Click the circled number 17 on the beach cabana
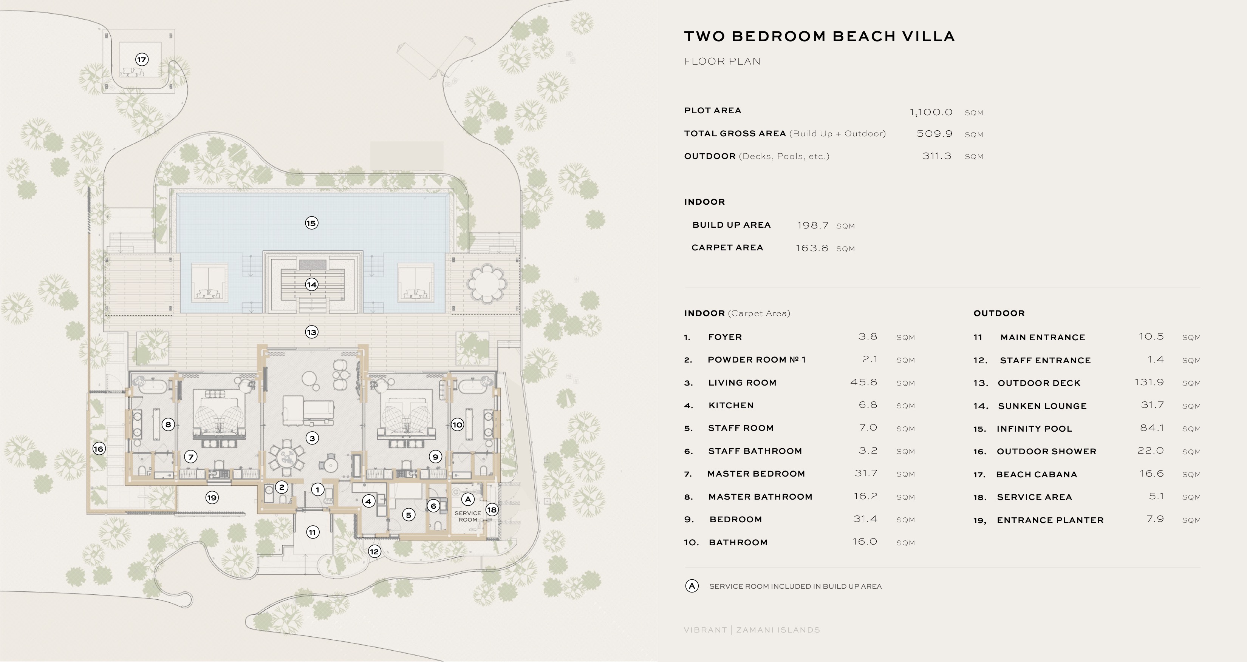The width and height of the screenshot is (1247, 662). click(x=141, y=60)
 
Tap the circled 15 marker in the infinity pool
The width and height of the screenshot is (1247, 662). click(x=311, y=223)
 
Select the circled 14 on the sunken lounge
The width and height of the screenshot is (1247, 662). click(x=311, y=284)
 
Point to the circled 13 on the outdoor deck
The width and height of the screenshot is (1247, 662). click(x=311, y=332)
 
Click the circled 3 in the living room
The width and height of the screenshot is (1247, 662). click(x=312, y=438)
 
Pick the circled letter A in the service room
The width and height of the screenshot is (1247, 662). click(x=468, y=499)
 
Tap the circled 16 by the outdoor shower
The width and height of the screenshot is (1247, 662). click(x=99, y=449)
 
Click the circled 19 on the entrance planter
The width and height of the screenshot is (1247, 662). click(x=212, y=497)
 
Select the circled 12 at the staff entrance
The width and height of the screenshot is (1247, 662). click(x=374, y=551)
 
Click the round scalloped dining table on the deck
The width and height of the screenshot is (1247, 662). click(x=486, y=284)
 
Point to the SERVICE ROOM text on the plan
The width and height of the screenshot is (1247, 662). click(x=468, y=516)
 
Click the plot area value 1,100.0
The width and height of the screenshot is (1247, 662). click(x=930, y=112)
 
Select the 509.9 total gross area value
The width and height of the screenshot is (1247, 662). click(x=934, y=134)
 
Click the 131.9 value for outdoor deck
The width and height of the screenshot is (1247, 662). click(x=1149, y=382)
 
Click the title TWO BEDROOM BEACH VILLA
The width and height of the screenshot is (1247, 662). click(x=819, y=36)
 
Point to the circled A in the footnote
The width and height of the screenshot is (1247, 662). click(x=692, y=586)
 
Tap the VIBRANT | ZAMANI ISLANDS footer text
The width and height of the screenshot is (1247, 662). click(x=752, y=630)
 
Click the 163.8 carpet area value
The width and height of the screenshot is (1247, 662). click(x=812, y=248)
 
